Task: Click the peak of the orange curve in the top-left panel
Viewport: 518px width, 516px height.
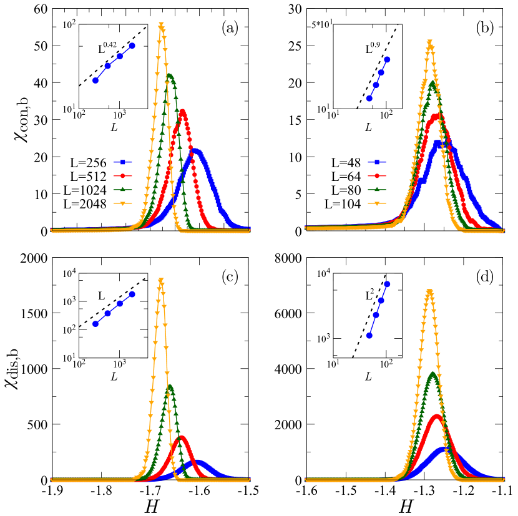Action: click(161, 25)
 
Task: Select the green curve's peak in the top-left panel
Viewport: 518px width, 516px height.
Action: click(169, 76)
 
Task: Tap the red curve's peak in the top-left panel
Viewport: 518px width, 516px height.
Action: click(182, 112)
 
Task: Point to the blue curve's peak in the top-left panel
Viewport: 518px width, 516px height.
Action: click(196, 150)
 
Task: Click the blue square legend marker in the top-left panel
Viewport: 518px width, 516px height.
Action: click(123, 162)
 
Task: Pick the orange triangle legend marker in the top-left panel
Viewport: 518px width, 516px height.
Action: click(123, 203)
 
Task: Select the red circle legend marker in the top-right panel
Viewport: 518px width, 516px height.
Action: click(377, 176)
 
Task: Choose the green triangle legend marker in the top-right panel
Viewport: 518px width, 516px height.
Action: click(377, 190)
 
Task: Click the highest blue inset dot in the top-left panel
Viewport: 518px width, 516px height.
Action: click(132, 46)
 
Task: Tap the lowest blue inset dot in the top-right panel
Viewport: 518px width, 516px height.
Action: click(369, 98)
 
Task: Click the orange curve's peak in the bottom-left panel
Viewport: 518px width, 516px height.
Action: click(161, 280)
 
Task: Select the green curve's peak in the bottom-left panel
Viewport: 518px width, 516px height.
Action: click(169, 387)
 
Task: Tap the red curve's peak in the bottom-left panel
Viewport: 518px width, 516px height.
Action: click(182, 438)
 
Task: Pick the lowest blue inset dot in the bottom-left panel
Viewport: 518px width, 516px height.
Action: click(95, 323)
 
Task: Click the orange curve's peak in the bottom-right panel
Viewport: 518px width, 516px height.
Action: click(429, 291)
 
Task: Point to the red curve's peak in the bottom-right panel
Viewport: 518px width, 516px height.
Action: click(436, 415)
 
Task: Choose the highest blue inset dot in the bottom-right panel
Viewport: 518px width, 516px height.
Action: click(387, 284)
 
